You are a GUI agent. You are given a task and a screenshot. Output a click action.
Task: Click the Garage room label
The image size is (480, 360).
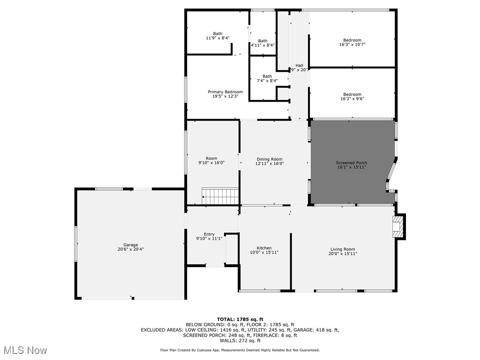[131, 247]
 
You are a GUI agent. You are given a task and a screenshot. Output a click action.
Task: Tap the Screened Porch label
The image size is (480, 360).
[352, 165]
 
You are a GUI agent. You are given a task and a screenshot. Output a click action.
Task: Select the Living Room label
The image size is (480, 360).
[343, 251]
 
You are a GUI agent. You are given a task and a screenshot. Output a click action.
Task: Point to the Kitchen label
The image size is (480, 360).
[264, 250]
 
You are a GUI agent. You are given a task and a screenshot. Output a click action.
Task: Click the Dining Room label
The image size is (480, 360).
[270, 161]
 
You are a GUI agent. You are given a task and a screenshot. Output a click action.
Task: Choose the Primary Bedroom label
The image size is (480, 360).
[225, 94]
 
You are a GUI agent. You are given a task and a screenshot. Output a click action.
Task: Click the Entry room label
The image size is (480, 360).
[209, 236]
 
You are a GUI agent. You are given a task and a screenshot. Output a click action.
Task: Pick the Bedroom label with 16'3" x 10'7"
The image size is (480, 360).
[352, 43]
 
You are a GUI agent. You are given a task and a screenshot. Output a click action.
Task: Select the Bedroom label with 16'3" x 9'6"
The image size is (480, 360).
[352, 96]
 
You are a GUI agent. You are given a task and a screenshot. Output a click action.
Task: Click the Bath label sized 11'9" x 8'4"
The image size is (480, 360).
[218, 36]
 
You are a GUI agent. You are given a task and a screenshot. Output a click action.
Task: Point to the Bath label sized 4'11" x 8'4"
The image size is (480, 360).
[262, 43]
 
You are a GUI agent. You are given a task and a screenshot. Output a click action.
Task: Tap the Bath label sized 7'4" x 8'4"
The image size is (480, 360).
[267, 78]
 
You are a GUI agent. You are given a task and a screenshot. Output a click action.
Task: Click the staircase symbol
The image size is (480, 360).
[220, 196]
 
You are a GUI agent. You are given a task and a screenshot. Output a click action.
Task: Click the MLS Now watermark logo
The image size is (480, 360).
[25, 350]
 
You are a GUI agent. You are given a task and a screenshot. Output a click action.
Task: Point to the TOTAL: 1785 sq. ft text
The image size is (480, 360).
[240, 319]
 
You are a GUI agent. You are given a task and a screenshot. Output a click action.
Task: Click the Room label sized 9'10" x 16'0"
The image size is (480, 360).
[211, 161]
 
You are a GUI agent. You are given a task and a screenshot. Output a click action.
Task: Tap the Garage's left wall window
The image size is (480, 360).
[75, 244]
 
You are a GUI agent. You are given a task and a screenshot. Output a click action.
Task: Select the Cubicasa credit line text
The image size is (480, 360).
[240, 350]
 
